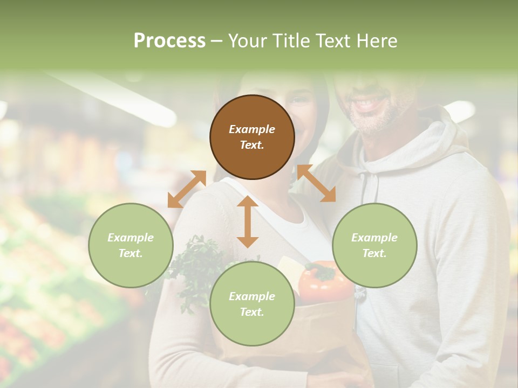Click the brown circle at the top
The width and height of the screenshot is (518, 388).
pyautogui.click(x=252, y=137)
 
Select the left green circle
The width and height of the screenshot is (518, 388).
pyautogui.click(x=131, y=245)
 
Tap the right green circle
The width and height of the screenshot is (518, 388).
pyautogui.click(x=374, y=245)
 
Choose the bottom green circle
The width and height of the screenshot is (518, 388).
pyautogui.click(x=252, y=304)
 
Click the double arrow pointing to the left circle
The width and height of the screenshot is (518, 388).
pyautogui.click(x=187, y=189)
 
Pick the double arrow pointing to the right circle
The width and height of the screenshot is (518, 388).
pyautogui.click(x=316, y=183)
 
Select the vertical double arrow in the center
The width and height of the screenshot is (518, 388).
pyautogui.click(x=248, y=221)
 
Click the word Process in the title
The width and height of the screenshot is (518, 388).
pyautogui.click(x=169, y=41)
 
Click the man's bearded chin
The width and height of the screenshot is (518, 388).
pyautogui.click(x=372, y=121)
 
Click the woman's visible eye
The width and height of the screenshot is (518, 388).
pyautogui.click(x=299, y=100)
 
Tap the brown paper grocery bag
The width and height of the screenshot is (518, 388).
pyautogui.click(x=324, y=334)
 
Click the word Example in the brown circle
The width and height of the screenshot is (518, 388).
pyautogui.click(x=252, y=129)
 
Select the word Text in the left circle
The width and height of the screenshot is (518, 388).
pyautogui.click(x=130, y=253)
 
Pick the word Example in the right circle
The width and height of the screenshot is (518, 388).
pyautogui.click(x=374, y=238)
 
